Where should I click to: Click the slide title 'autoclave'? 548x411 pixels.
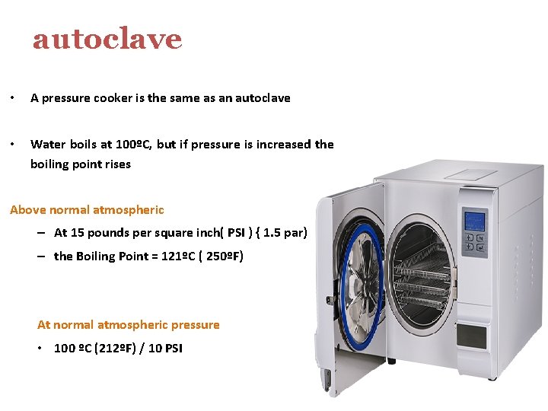[107, 39]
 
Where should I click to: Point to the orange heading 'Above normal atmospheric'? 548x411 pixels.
[87, 209]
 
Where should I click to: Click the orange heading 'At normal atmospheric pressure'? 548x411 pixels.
[128, 324]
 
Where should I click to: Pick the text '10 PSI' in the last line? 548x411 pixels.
[165, 348]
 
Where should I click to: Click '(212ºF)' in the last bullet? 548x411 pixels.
[113, 348]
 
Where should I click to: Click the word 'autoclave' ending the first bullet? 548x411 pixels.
[263, 97]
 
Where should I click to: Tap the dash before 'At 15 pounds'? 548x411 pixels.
[39, 233]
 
